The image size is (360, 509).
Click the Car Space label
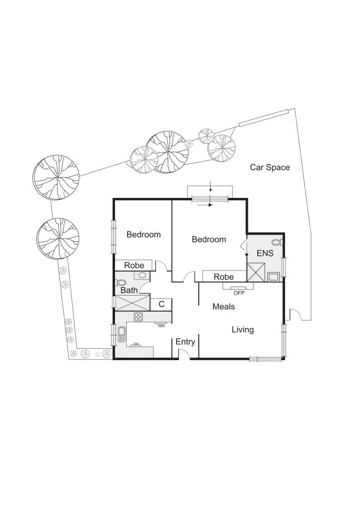point(270,167)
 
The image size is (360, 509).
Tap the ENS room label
point(264,254)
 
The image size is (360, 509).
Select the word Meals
point(223,307)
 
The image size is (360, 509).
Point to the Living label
point(243,330)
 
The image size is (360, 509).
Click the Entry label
point(185,342)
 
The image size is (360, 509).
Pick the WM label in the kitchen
point(161,326)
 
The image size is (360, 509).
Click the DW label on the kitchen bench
point(136,345)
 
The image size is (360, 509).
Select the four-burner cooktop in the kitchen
point(139,317)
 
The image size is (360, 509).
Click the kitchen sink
point(122,334)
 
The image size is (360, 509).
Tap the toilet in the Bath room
point(121,283)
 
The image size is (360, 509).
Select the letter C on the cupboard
point(161,304)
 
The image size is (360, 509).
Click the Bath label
point(129,291)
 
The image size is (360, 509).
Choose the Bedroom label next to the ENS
point(209,239)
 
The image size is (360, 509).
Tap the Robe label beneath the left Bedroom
point(134,266)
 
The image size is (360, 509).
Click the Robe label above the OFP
point(224,277)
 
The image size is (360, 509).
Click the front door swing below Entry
point(184,355)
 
